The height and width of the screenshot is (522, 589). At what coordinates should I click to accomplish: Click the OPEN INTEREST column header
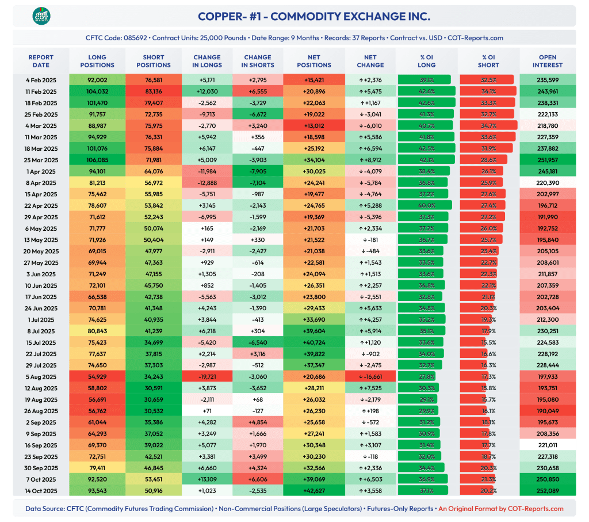tap(547, 61)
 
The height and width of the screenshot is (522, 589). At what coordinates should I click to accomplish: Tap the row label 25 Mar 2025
tap(41, 159)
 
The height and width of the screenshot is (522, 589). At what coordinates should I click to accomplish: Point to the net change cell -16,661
tap(366, 376)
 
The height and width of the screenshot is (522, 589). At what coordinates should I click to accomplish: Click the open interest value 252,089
tap(547, 491)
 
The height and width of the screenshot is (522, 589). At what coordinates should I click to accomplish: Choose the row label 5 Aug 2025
tap(41, 376)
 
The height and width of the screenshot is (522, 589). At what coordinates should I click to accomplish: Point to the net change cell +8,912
tap(366, 159)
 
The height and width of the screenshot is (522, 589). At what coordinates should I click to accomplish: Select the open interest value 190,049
tap(547, 411)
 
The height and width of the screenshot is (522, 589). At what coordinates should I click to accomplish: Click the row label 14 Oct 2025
tap(41, 491)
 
